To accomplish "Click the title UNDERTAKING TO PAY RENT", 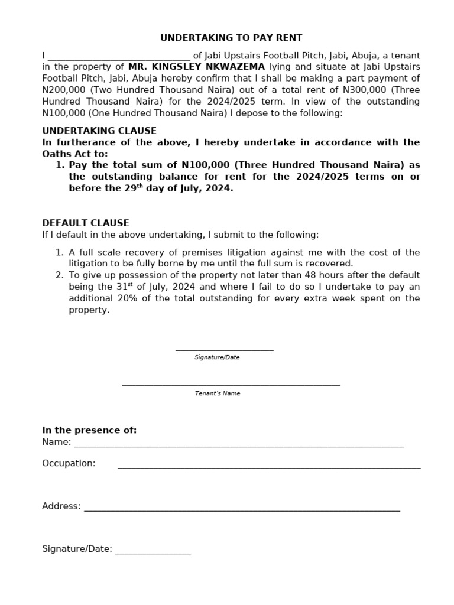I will pyautogui.click(x=231, y=38).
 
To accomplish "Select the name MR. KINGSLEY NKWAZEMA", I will pyautogui.click(x=196, y=67).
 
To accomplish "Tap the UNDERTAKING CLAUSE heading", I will pyautogui.click(x=99, y=131).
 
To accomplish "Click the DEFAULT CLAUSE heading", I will pyautogui.click(x=85, y=223).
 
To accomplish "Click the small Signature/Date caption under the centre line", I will pyautogui.click(x=217, y=357).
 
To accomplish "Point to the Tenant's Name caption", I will pyautogui.click(x=218, y=393).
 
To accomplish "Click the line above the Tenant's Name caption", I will pyautogui.click(x=231, y=385).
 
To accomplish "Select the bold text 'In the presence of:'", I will pyautogui.click(x=89, y=430).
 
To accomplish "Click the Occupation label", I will pyautogui.click(x=69, y=463).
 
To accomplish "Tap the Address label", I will pyautogui.click(x=61, y=506).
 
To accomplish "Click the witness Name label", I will pyautogui.click(x=56, y=442).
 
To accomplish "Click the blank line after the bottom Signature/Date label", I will pyautogui.click(x=153, y=553).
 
